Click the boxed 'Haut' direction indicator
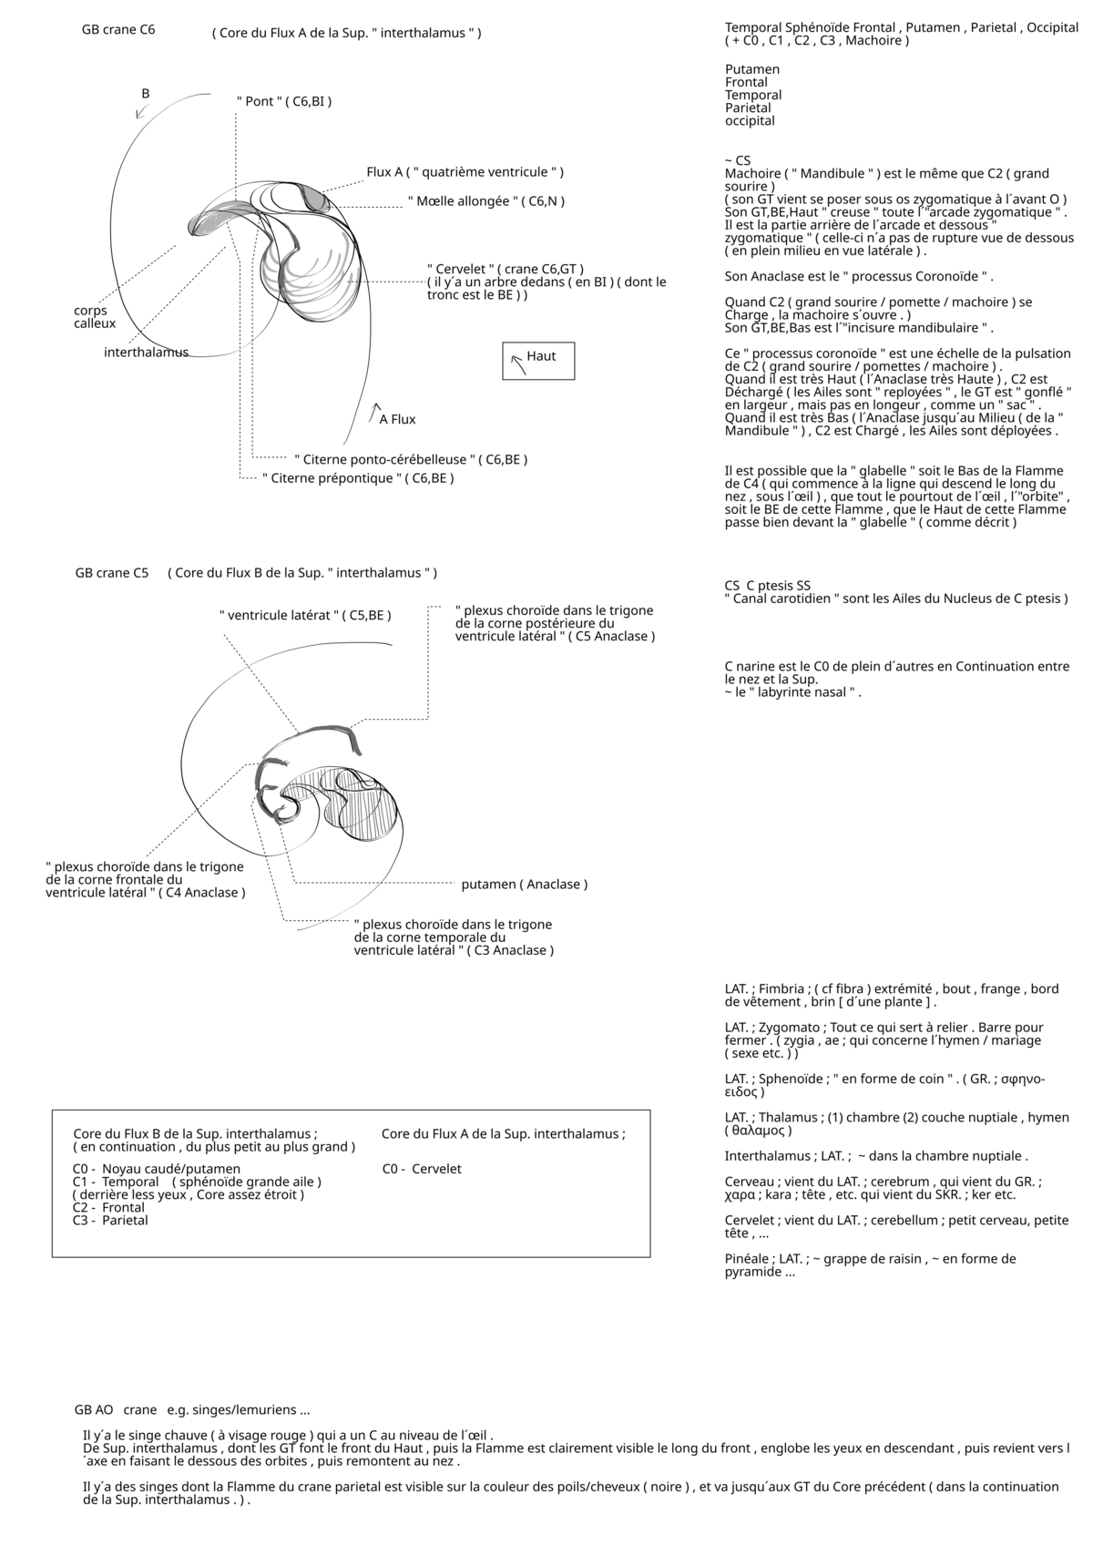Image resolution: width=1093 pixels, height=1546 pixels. pyautogui.click(x=538, y=360)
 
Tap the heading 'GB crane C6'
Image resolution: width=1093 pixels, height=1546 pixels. pyautogui.click(x=118, y=30)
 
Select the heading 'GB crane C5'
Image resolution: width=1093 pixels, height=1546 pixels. pyautogui.click(x=112, y=573)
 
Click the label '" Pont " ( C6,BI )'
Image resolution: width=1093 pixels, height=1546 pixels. pyautogui.click(x=283, y=101)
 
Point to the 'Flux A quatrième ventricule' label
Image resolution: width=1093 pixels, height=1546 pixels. pyautogui.click(x=465, y=172)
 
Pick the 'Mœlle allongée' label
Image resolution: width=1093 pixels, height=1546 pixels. pyautogui.click(x=485, y=200)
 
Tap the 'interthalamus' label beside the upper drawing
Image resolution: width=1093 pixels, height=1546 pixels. pyautogui.click(x=146, y=353)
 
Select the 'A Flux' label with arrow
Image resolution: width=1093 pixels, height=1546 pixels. pyautogui.click(x=397, y=419)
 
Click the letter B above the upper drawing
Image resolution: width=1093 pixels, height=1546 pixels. pyautogui.click(x=145, y=94)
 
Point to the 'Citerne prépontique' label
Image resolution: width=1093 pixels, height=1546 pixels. pyautogui.click(x=357, y=478)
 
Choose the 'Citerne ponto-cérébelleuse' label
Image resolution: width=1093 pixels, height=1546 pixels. pyautogui.click(x=411, y=460)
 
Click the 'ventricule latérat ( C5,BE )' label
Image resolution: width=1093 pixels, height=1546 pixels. pyautogui.click(x=305, y=616)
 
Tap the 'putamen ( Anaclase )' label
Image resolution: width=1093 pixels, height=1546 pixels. pyautogui.click(x=524, y=885)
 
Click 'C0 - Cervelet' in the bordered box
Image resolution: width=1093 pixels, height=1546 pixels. pyautogui.click(x=422, y=1169)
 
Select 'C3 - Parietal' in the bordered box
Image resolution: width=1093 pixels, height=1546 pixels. pyautogui.click(x=110, y=1220)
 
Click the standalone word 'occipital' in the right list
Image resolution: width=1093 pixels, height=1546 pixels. pyautogui.click(x=750, y=121)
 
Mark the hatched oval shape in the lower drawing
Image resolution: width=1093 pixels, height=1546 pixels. pyautogui.click(x=369, y=813)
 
